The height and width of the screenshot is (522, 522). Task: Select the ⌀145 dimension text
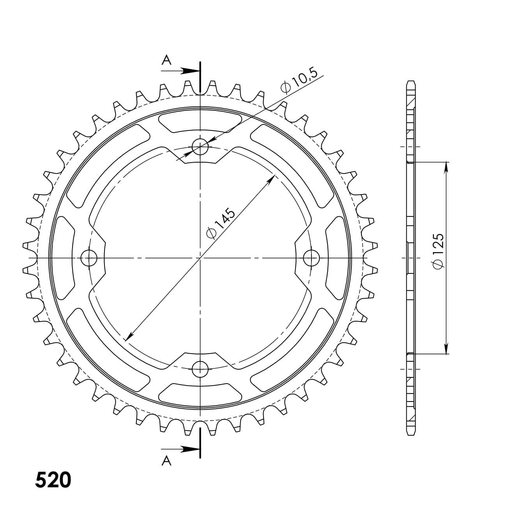[220, 223]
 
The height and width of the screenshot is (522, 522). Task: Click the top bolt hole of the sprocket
[200, 147]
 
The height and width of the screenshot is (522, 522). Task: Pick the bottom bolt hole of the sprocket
[200, 369]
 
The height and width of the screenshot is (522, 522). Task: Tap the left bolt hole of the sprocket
[89, 258]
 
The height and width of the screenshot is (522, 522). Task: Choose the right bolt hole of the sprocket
[311, 258]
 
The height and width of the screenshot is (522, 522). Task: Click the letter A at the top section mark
[166, 60]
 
